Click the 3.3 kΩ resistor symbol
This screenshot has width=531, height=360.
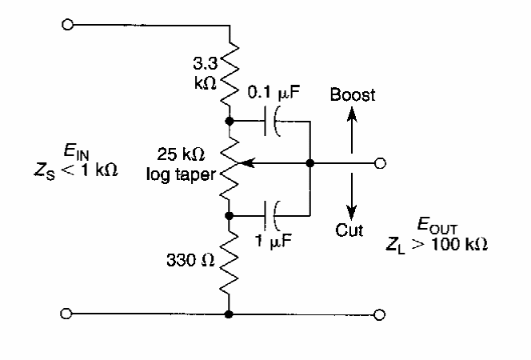pos(229,71)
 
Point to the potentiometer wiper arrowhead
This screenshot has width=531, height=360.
pos(243,164)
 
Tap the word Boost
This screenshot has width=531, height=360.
pos(353,95)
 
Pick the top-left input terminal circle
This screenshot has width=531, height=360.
pos(70,25)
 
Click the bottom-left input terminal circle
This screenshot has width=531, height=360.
pos(70,314)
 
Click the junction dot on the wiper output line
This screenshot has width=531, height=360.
pos(309,164)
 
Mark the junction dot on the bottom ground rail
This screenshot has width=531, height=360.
pos(229,314)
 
